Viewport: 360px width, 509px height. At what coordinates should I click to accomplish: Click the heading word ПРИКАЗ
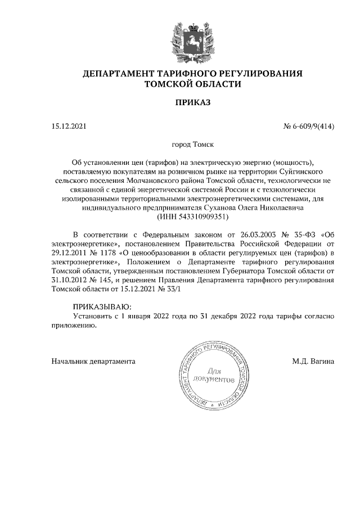point(192,103)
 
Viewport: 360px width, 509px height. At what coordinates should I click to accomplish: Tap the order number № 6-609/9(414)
point(309,127)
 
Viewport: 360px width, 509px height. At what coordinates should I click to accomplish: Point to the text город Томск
point(192,145)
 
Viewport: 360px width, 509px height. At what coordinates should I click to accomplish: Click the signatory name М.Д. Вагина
point(313,361)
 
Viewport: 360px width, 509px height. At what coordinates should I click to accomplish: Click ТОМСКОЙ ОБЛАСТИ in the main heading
point(192,84)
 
